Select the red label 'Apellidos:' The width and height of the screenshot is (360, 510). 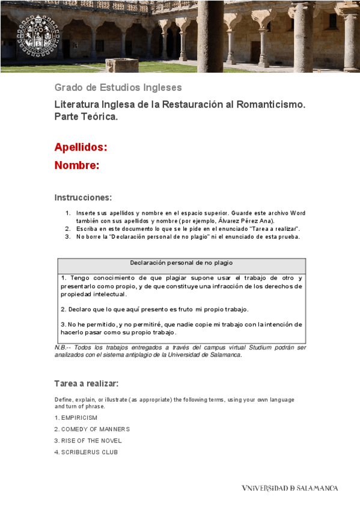(81, 147)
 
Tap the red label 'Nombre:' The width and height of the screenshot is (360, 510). (76, 165)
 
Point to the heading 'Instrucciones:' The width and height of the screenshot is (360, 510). (83, 198)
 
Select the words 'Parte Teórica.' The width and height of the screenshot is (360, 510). (86, 117)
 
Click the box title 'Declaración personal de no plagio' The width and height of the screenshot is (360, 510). (182, 263)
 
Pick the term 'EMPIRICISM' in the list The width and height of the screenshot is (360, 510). (79, 417)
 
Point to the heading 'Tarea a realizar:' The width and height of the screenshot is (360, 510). (86, 383)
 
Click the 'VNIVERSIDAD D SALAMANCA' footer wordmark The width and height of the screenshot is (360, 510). (290, 488)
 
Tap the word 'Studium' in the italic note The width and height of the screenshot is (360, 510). (252, 348)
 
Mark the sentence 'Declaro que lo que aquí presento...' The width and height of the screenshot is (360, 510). (154, 309)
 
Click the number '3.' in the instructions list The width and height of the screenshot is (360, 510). (68, 236)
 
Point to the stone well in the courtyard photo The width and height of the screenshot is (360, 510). (121, 64)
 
